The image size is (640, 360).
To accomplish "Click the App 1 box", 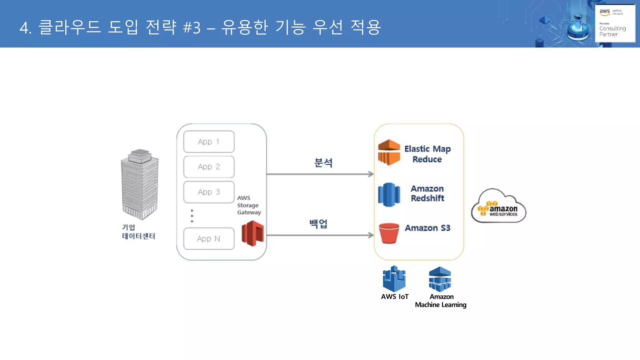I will click(x=209, y=142).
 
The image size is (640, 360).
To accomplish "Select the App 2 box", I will click(x=209, y=167).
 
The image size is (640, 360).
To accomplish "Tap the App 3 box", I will click(x=209, y=192).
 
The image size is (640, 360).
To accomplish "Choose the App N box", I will click(x=209, y=239).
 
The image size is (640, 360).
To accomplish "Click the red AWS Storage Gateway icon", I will click(x=252, y=233).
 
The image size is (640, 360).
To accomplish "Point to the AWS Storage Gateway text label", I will click(x=248, y=205).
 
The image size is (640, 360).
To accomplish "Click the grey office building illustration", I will click(x=140, y=184).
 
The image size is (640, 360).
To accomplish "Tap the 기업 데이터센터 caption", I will click(x=138, y=232).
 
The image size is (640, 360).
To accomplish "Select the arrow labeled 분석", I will click(x=320, y=174).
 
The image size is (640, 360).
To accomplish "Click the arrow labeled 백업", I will click(x=320, y=235).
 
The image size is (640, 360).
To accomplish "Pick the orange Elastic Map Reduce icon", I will click(x=389, y=152).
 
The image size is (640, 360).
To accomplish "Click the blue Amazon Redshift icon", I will click(x=389, y=195).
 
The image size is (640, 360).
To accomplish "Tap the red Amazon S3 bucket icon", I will click(x=389, y=233).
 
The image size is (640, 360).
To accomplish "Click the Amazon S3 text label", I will click(x=427, y=228).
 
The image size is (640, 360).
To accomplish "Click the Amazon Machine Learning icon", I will click(x=440, y=279).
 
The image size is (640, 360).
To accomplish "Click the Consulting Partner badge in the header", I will click(x=615, y=23).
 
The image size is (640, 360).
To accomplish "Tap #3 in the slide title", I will click(x=192, y=28).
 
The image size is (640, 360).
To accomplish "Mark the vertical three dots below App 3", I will click(x=192, y=216).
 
